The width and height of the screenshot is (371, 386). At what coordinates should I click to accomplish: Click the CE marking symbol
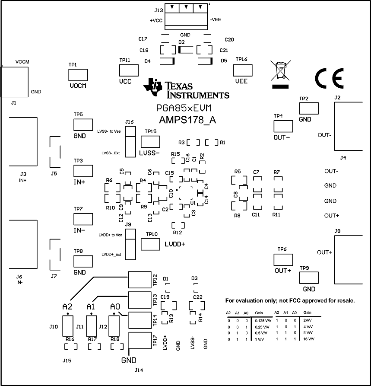click(329, 78)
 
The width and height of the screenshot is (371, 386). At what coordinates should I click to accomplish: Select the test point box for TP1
click(78, 74)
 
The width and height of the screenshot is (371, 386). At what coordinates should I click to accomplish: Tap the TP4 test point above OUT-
click(283, 126)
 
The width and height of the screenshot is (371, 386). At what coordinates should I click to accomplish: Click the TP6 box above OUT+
click(283, 260)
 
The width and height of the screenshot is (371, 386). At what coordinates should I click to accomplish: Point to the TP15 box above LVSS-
click(150, 141)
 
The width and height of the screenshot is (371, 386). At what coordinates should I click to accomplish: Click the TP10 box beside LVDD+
click(150, 245)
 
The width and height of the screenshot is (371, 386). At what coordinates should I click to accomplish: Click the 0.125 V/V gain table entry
click(262, 320)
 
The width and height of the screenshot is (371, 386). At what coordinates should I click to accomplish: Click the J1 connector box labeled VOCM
click(15, 82)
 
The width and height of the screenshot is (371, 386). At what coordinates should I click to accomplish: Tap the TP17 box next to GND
click(140, 341)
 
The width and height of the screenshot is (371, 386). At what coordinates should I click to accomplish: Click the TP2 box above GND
click(308, 108)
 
